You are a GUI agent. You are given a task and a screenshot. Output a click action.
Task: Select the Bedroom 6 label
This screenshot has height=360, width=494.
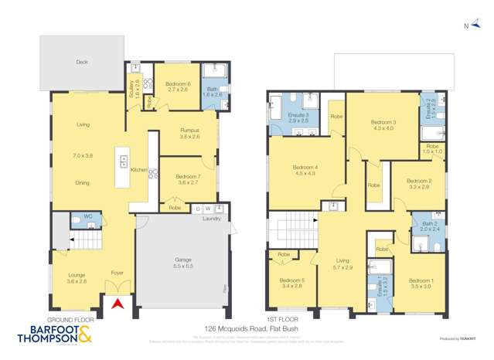(177, 86)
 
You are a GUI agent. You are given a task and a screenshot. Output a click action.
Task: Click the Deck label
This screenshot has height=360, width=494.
(82, 62)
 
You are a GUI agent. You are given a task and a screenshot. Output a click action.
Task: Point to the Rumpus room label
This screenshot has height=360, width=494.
(189, 134)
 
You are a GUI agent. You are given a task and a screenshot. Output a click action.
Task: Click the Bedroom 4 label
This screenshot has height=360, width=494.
(304, 171)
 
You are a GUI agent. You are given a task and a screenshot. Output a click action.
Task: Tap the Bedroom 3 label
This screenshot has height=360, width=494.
(383, 124)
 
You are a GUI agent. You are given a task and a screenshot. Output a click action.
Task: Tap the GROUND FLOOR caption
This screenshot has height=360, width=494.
(70, 319)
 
